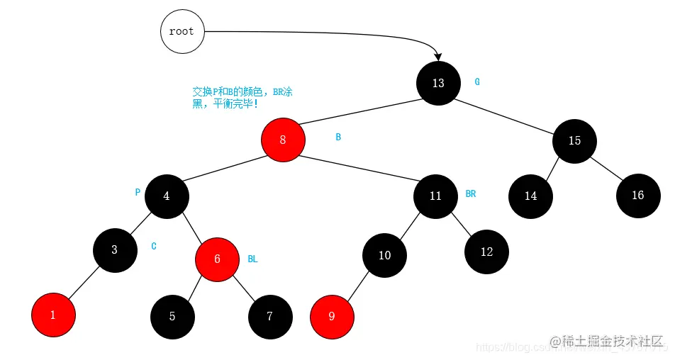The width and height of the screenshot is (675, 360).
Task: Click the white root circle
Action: tap(182, 32)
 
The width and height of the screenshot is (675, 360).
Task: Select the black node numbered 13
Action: tap(438, 83)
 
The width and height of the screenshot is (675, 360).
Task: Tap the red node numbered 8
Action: tap(283, 139)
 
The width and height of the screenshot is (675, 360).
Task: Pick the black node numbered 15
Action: tap(574, 140)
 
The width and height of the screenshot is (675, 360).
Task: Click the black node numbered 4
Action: tap(167, 196)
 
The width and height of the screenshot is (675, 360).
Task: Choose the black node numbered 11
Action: tap(435, 196)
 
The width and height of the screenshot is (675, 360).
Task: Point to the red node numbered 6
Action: tap(217, 259)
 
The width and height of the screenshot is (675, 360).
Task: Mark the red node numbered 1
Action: tap(53, 315)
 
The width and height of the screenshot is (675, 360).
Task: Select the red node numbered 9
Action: tap(332, 316)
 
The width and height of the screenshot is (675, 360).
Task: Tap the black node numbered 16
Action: tap(637, 195)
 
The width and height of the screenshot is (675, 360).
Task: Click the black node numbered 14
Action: tap(531, 196)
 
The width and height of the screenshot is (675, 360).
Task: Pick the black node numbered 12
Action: tap(486, 252)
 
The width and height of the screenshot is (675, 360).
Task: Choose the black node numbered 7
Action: tap(269, 316)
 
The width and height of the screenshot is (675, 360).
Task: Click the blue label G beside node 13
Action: tap(477, 81)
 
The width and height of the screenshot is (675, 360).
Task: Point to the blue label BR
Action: tap(471, 193)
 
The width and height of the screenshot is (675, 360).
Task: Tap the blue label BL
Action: tap(252, 259)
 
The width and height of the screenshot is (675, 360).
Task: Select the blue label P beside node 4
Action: tap(138, 192)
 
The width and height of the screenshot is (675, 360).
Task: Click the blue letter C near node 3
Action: tap(154, 246)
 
